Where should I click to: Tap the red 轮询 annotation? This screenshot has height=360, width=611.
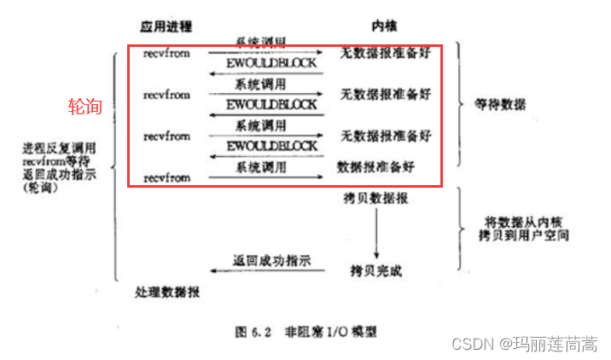85,107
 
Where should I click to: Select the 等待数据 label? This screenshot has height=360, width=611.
500,105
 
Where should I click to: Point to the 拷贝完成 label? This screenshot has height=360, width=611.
375,270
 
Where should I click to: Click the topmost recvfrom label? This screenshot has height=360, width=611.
166,53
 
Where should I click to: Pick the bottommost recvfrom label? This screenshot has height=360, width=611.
166,177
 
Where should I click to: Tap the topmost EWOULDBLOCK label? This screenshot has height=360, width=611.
271,64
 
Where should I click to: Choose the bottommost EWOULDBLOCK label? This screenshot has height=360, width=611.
271,147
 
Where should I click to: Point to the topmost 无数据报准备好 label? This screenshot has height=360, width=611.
385,53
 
